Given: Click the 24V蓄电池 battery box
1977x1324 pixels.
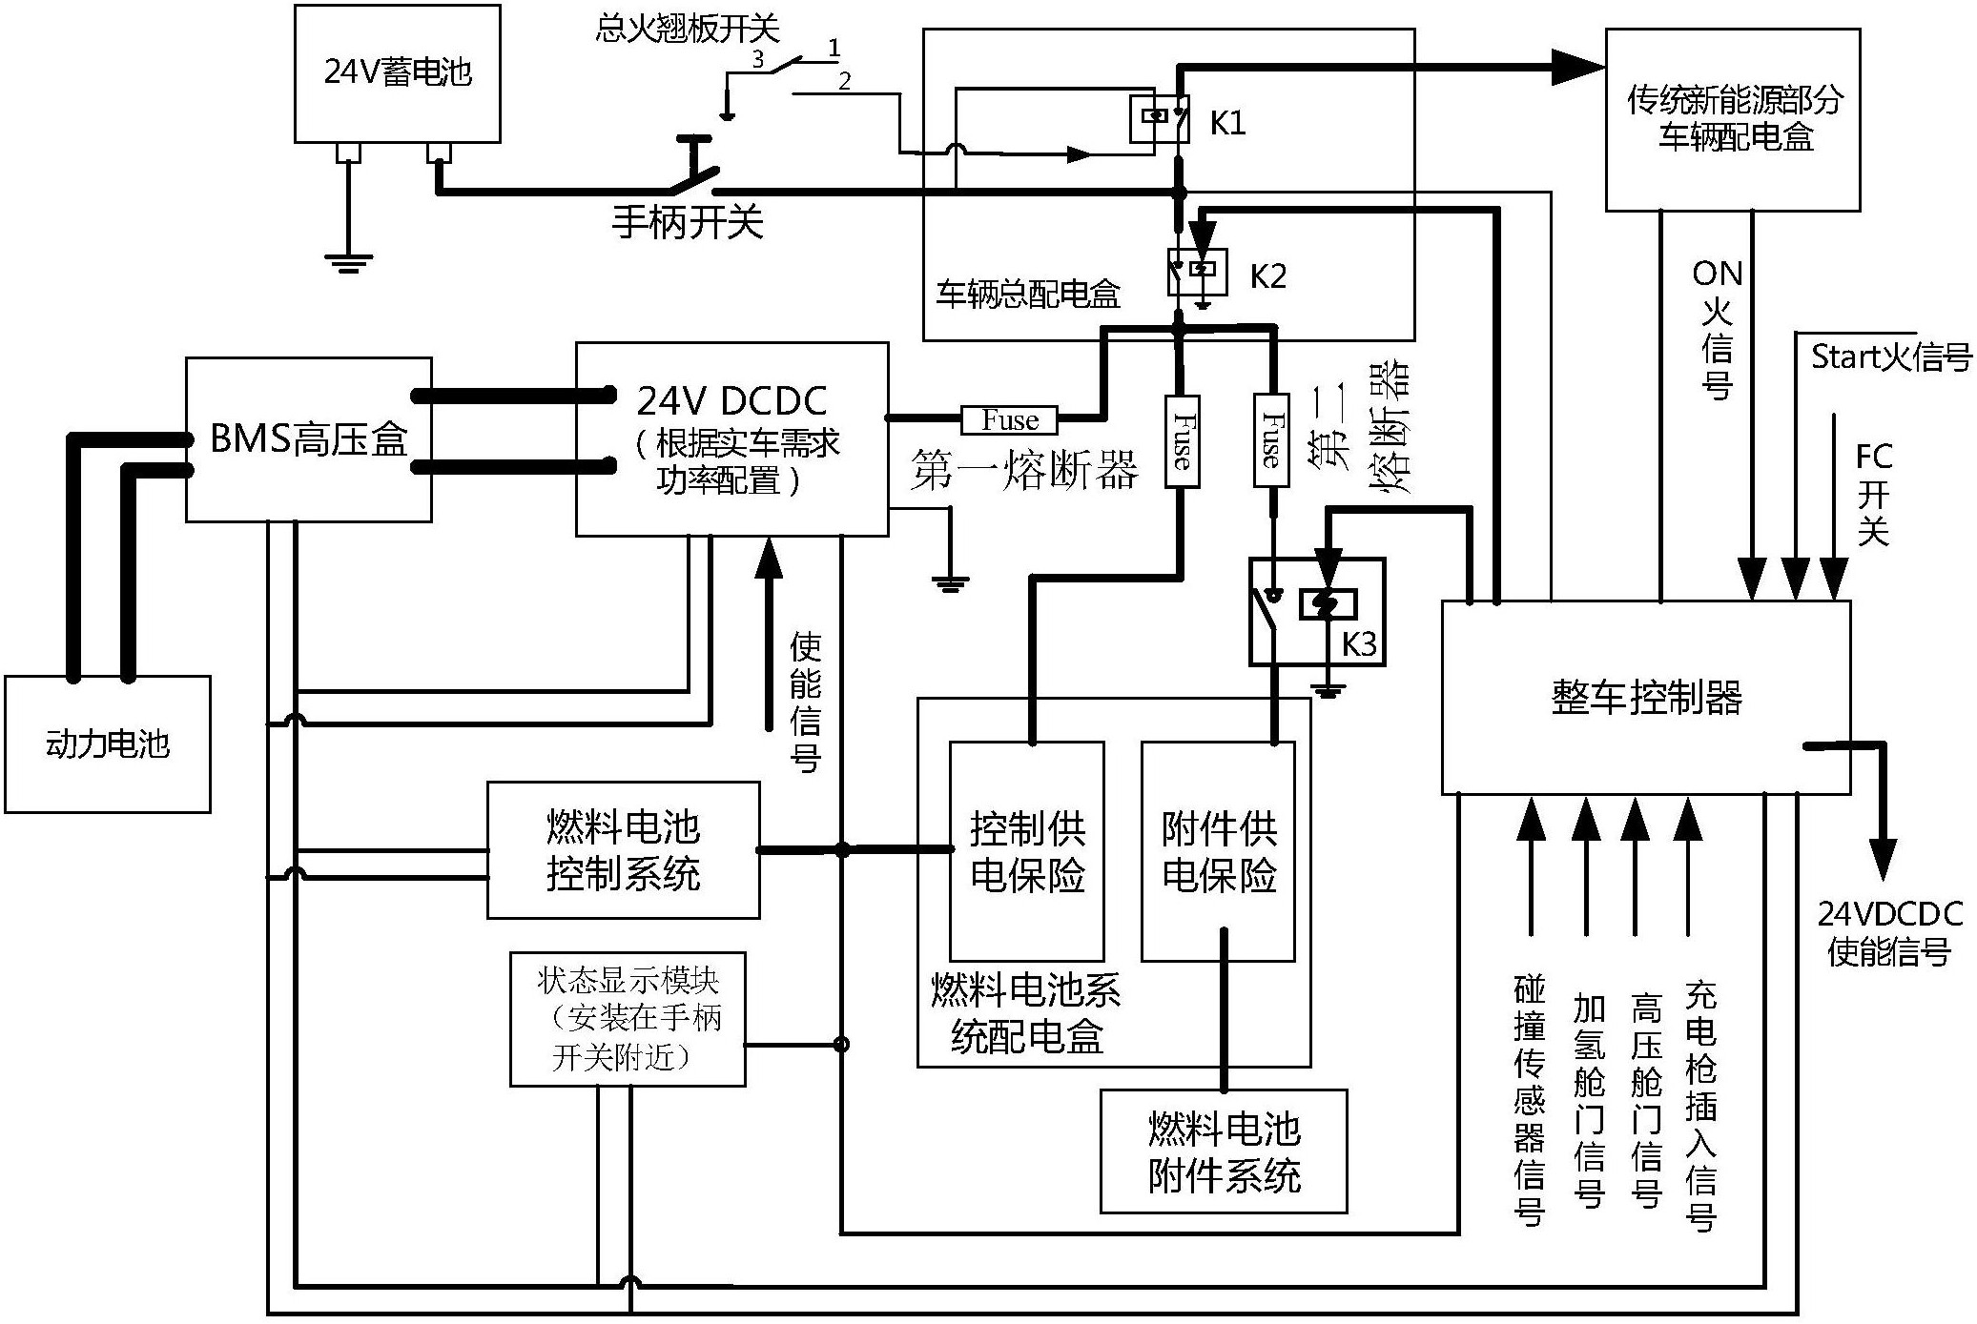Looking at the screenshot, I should coord(398,73).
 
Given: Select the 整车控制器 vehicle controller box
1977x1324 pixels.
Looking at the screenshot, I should coord(1646,697).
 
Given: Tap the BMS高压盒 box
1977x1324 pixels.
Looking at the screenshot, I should coord(308,439).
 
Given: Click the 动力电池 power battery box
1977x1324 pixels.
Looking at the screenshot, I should coord(107,743).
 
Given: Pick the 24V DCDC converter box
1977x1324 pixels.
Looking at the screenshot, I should coord(731,439).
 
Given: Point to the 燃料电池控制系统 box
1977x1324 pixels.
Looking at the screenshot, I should coord(623,850).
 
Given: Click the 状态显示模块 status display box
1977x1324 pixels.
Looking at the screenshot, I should coord(627,1018).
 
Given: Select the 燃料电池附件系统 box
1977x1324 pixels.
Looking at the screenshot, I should coord(1224,1151).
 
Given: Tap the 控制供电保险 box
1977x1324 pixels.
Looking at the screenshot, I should coord(1027,850).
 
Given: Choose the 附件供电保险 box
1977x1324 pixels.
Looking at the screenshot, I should coord(1218,850).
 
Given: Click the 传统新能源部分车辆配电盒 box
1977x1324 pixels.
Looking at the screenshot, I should coord(1733,119).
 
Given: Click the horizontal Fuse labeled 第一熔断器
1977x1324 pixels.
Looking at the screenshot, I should coord(1010,419).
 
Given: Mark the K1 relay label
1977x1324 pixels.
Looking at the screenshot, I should coord(1227,123).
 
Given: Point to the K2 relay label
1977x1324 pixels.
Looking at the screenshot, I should coord(1267,276).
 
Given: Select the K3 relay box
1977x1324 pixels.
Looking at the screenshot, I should coord(1317,612).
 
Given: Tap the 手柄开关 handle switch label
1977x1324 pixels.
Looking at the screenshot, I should coord(688,223).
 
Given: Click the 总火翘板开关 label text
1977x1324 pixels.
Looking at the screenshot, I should coord(687,29).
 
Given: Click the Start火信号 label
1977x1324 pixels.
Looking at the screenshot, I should coord(1890,356).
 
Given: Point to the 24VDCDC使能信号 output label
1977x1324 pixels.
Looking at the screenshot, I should coord(1889,932).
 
